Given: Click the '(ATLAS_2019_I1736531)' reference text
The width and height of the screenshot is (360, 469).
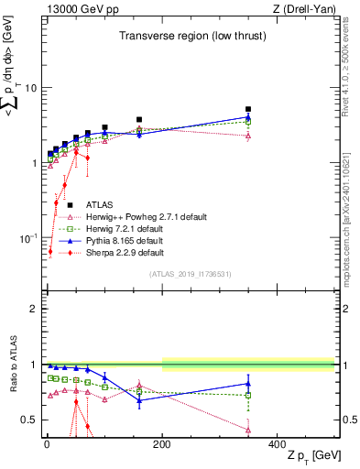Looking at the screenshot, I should coord(190,274).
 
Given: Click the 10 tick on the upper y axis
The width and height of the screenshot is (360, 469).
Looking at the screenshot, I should coord(31,88).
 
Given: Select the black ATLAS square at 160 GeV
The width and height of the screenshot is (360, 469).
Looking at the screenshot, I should coord(139,119).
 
